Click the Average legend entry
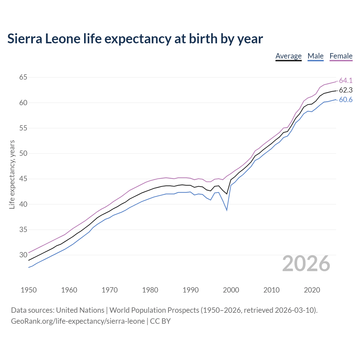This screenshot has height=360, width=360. (289, 56)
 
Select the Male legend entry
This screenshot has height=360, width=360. (316, 56)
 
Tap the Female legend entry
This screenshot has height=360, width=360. (341, 56)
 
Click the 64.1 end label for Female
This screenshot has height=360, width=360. (346, 80)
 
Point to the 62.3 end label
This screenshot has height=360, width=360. (346, 90)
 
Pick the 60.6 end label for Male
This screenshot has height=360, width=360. (346, 100)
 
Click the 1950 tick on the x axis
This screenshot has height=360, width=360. (29, 290)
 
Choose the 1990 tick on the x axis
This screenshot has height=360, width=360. (190, 290)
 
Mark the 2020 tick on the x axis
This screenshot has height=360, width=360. (312, 290)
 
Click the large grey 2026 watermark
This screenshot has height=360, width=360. (306, 264)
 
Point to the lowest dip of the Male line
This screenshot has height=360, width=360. (227, 210)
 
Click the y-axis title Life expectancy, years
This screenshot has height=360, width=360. (12, 174)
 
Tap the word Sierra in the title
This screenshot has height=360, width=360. (24, 39)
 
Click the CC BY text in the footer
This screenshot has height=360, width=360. (160, 321)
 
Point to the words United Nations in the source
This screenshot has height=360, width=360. (80, 310)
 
